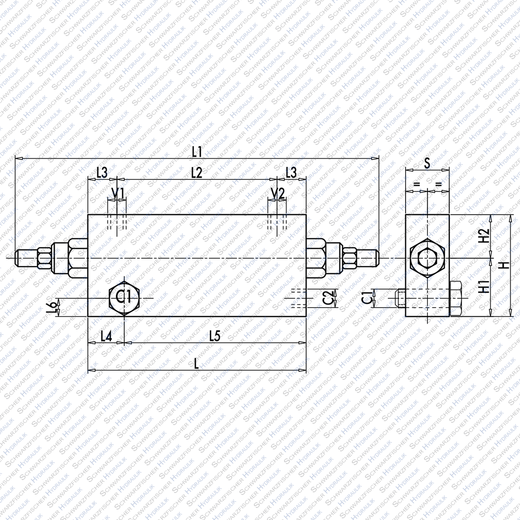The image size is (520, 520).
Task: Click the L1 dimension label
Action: point(197,152)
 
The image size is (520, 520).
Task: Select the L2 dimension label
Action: point(196,173)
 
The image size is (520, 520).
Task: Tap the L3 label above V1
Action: point(102,173)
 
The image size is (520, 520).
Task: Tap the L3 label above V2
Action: point(291,173)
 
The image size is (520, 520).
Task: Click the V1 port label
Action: point(117,194)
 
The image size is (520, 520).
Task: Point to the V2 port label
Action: point(278,194)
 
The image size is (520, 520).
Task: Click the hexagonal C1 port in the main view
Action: point(124,297)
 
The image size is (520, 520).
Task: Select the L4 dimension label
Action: point(106,336)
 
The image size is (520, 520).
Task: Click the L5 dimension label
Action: point(215,336)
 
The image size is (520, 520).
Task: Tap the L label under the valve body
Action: point(197,364)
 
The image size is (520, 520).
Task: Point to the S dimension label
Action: point(427,163)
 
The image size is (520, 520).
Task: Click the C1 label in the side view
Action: point(367,298)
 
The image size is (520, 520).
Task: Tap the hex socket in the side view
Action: point(427,258)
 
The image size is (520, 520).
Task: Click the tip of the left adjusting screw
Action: point(16,258)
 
